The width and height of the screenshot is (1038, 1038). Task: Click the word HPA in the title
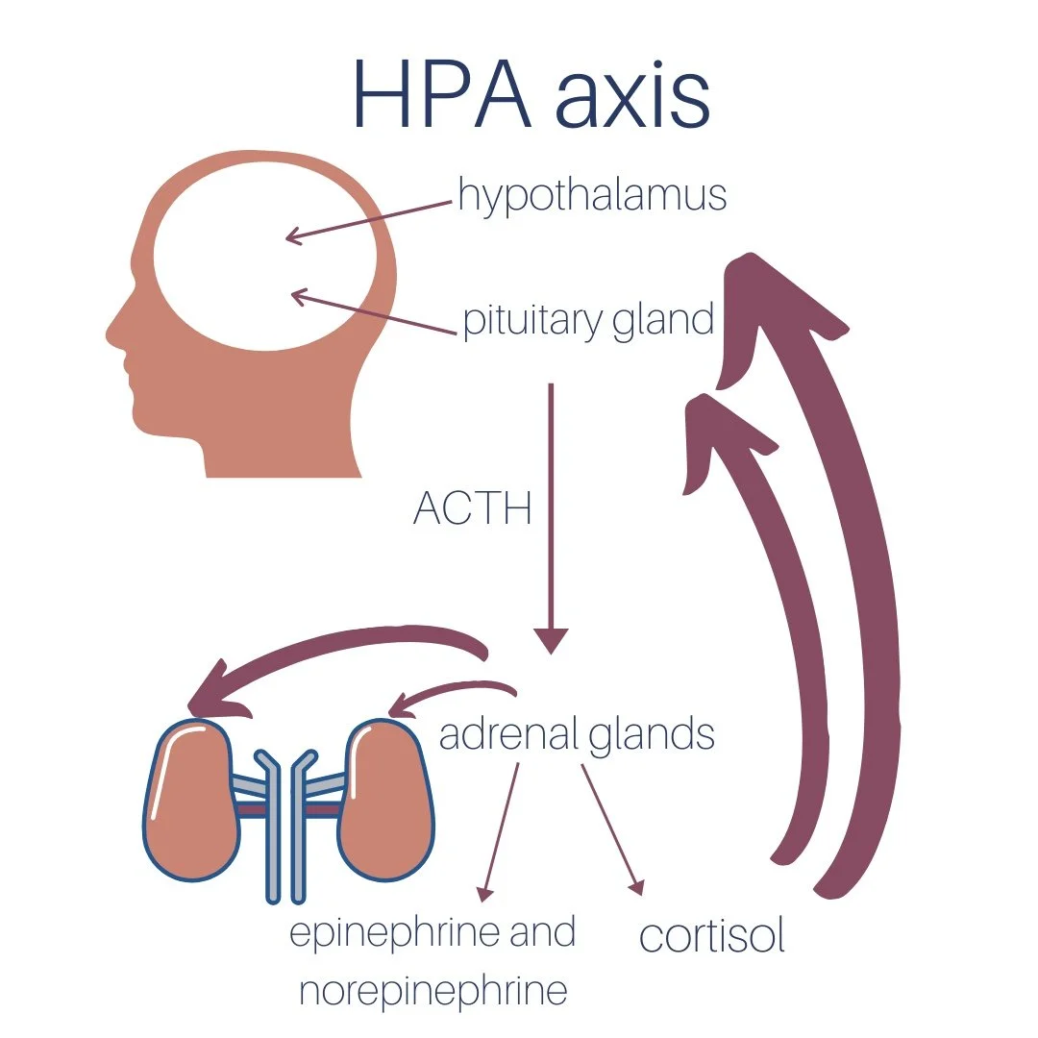[x=441, y=95]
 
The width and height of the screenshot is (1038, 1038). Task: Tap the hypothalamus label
[x=592, y=195]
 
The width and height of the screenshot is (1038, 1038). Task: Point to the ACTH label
[x=472, y=508]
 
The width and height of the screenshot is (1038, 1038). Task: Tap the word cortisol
[x=712, y=936]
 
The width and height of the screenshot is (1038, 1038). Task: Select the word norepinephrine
[x=433, y=991]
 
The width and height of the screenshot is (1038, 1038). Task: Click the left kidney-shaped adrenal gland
[x=192, y=798]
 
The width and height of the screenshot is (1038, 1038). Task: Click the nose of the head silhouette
[x=114, y=336]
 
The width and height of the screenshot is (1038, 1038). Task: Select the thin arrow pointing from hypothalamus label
[x=369, y=220]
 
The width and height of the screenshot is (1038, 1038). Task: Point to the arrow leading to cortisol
[x=610, y=827]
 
